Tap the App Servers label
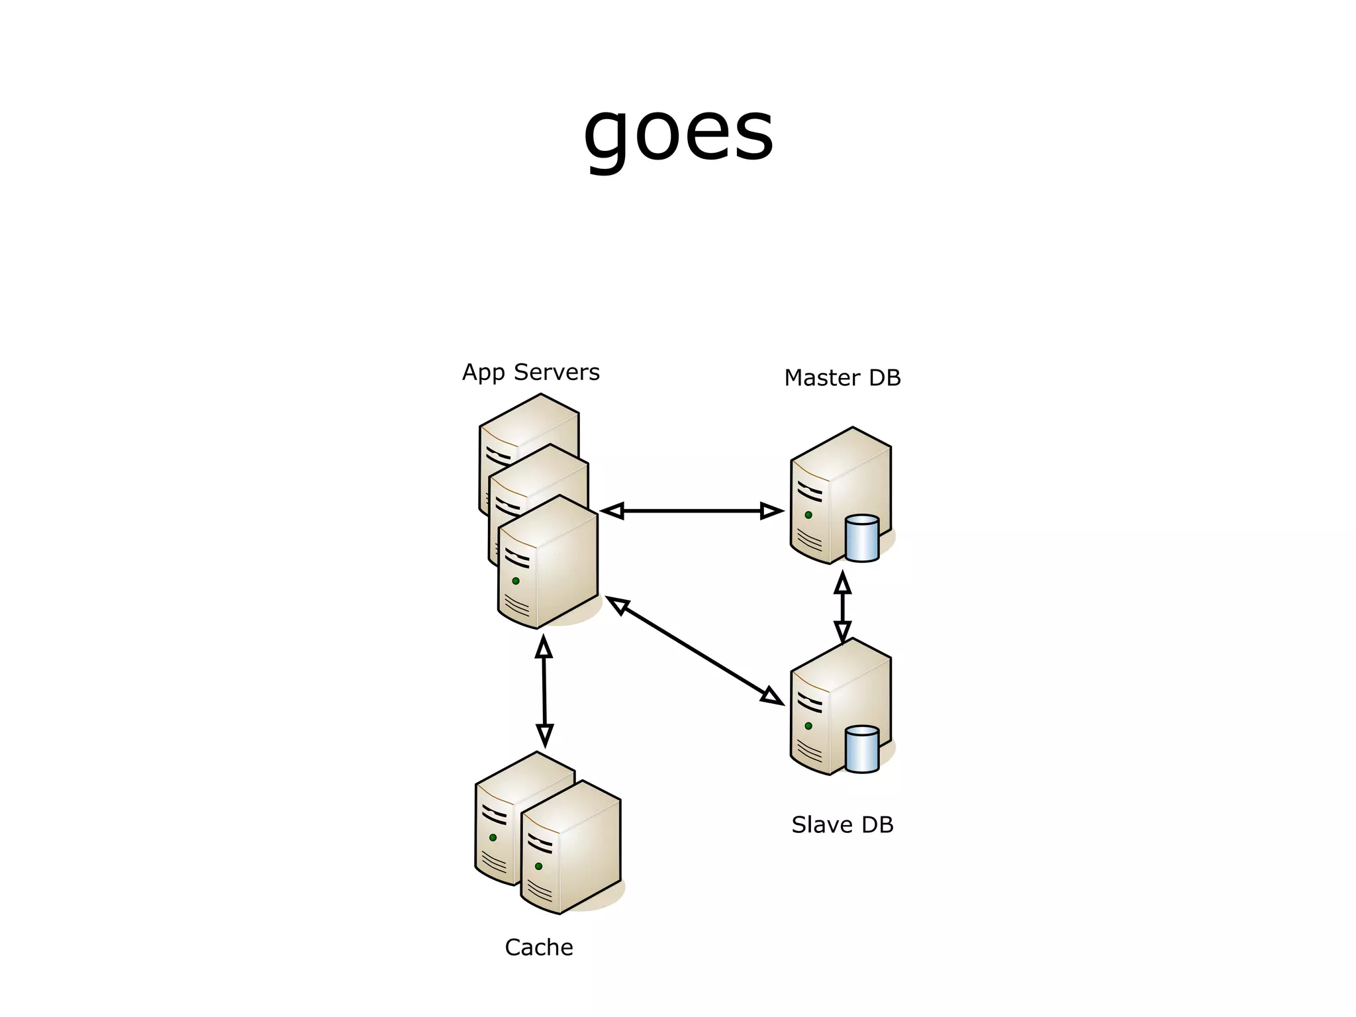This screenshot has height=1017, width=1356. (x=530, y=372)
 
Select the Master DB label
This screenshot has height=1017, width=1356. (x=842, y=378)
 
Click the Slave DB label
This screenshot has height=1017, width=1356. (x=842, y=825)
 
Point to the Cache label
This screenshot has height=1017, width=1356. (x=538, y=947)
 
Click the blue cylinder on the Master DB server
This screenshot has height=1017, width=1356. (x=862, y=538)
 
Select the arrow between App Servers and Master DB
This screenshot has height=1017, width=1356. (x=692, y=510)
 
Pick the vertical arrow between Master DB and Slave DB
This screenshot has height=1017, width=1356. (x=842, y=606)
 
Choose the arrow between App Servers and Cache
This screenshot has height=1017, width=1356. (x=544, y=691)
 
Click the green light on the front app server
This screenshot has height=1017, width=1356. (x=516, y=581)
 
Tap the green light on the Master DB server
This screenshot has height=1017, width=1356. (x=808, y=514)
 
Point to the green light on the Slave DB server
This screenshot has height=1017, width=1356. (x=808, y=726)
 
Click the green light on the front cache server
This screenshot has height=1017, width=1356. (x=538, y=866)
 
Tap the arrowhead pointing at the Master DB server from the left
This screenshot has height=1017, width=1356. (x=771, y=510)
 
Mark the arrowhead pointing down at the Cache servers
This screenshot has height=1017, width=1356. (x=544, y=735)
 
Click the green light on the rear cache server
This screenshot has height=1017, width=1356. (x=493, y=838)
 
